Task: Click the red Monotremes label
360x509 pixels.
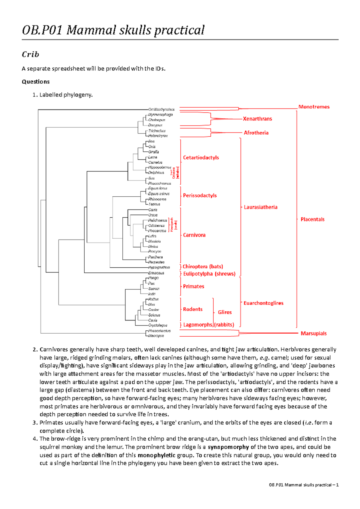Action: (314, 107)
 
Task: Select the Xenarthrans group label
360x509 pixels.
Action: (257, 119)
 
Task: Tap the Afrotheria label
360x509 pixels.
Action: (256, 133)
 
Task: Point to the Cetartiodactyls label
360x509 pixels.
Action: (201, 158)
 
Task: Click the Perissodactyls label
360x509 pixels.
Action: (200, 195)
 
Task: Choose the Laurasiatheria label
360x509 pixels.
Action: (260, 207)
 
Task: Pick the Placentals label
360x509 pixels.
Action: (313, 219)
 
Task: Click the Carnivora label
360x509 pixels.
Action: (194, 235)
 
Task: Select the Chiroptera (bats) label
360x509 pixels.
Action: (203, 266)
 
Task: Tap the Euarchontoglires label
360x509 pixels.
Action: (263, 303)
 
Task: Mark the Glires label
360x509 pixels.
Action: (225, 312)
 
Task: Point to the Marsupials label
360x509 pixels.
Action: (313, 333)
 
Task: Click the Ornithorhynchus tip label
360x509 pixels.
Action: (161, 109)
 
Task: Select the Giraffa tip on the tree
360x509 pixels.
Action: (154, 152)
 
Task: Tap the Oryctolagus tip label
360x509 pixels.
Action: (158, 325)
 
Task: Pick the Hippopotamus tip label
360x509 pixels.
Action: (160, 168)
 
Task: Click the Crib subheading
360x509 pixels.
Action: (30, 54)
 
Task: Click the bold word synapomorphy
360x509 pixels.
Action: (228, 447)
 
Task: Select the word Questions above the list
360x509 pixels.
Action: (36, 82)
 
